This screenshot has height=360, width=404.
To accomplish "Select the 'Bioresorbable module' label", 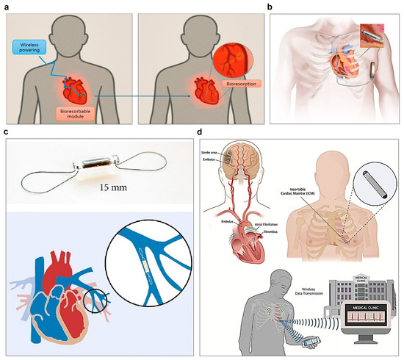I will (82, 114).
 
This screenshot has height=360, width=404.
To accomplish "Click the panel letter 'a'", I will (6, 5).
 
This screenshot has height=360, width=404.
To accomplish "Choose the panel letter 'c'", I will (6, 133).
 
